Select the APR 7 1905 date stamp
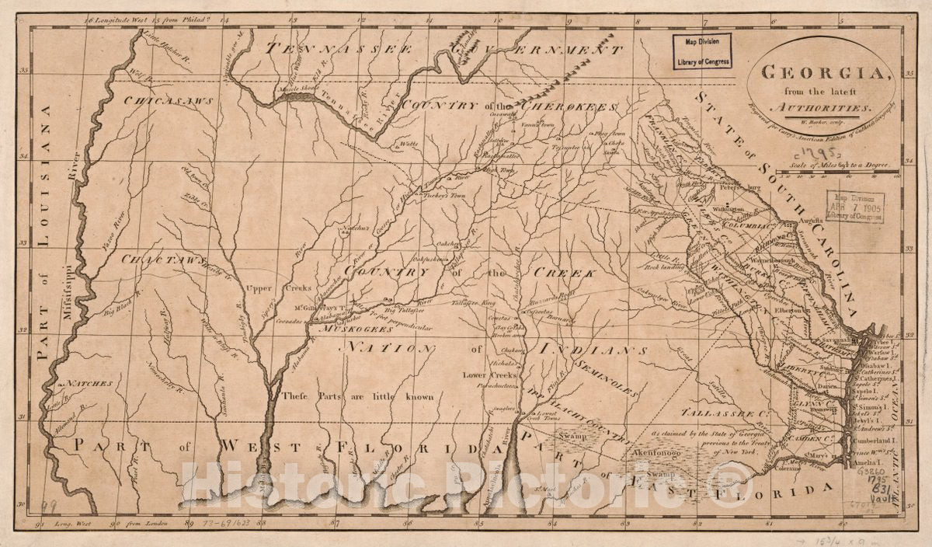click(x=854, y=207)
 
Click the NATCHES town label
click(x=89, y=383)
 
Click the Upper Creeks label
click(x=267, y=288)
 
